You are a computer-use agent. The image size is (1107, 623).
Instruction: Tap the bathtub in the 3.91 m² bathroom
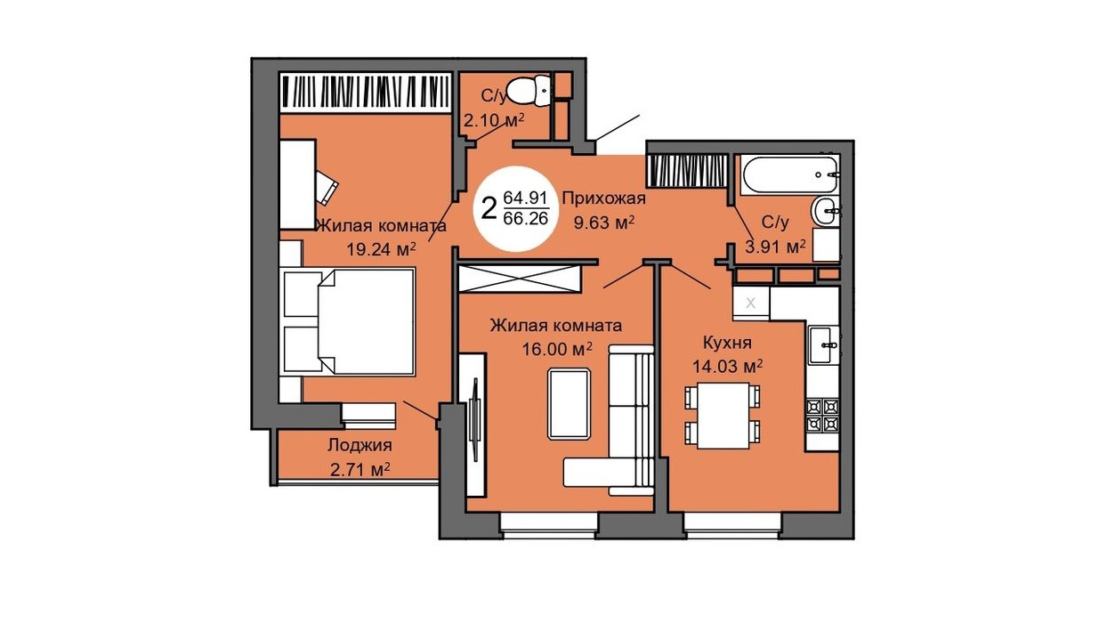(789, 174)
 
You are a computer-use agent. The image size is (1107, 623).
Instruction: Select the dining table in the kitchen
(723, 416)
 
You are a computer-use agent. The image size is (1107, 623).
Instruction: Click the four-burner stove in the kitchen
(823, 416)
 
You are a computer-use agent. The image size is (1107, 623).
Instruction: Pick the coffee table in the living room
(569, 404)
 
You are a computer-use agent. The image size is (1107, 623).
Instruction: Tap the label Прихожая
(604, 198)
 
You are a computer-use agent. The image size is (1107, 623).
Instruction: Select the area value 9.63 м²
(603, 223)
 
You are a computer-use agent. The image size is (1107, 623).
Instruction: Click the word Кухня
(727, 343)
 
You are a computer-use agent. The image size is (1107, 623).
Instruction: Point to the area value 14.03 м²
(727, 367)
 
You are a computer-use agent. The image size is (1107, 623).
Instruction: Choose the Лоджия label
(360, 446)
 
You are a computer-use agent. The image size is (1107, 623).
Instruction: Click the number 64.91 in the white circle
(525, 198)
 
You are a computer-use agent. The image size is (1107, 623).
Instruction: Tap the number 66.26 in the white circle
(525, 218)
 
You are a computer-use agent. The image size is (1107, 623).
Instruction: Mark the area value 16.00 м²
(557, 350)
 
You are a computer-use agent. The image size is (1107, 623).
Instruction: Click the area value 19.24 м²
(381, 249)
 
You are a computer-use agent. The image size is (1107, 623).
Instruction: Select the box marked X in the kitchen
(751, 303)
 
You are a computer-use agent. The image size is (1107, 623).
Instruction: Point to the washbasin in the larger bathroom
(825, 211)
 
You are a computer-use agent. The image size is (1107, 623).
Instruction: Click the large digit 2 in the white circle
(489, 208)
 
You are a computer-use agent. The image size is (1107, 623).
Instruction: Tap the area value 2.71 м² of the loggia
(360, 469)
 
